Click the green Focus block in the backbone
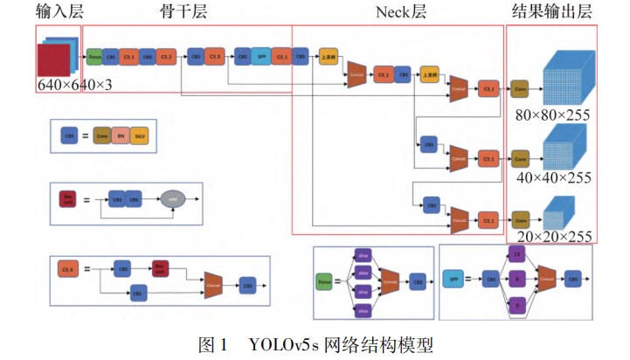94,58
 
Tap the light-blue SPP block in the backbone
261,58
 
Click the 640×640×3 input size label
74,85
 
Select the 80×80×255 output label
552,114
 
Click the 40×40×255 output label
552,177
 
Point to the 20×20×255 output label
552,236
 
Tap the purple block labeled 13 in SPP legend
516,254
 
